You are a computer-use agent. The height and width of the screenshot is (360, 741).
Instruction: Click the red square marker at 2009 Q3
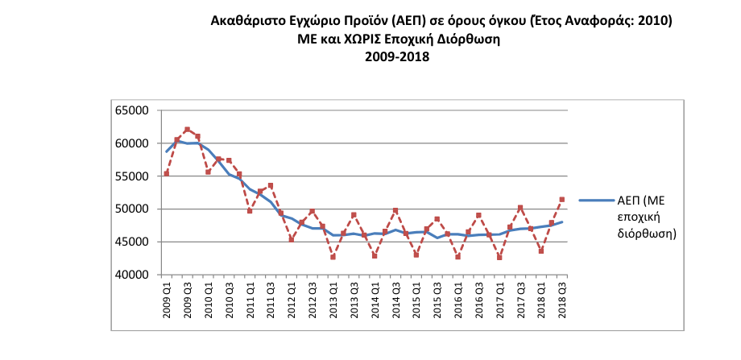187,129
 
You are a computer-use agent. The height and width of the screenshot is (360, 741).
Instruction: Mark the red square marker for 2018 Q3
561,199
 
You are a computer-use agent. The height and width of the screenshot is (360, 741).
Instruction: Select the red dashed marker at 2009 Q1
167,173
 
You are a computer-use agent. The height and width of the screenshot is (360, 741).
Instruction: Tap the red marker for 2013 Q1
333,257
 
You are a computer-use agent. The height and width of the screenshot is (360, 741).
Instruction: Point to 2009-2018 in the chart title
397,57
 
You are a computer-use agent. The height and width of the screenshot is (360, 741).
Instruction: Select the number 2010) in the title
654,19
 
